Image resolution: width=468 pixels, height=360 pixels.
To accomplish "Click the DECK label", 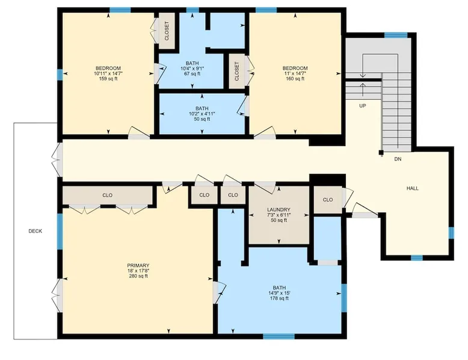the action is (x=35, y=231).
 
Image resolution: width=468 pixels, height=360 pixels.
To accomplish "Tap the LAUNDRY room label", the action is (x=279, y=210).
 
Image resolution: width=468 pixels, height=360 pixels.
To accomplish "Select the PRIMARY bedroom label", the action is (x=138, y=266).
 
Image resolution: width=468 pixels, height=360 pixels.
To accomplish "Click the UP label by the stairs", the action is (x=363, y=106).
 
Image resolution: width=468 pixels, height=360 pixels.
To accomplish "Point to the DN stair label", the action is (x=398, y=159).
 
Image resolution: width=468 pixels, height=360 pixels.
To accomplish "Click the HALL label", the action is (x=413, y=188).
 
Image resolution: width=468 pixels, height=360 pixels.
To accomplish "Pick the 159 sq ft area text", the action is (x=108, y=79).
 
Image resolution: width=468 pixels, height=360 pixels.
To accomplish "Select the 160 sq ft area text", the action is (x=295, y=79).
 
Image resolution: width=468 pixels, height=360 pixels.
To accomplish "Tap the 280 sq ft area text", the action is (x=138, y=276).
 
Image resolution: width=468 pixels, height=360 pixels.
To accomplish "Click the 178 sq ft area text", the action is (x=279, y=298).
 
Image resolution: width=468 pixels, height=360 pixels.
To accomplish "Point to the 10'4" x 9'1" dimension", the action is (x=192, y=69).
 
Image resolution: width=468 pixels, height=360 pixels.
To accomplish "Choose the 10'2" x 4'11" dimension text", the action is (x=202, y=114).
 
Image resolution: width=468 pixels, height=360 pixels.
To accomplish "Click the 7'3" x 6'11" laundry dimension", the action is (x=279, y=215).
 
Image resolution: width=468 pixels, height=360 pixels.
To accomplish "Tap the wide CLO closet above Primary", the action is (x=108, y=195).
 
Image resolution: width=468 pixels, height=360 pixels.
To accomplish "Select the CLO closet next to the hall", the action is (x=328, y=200).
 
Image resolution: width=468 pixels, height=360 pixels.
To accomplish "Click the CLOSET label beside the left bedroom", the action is (x=167, y=31).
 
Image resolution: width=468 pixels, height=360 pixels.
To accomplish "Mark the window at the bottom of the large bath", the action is (x=279, y=337).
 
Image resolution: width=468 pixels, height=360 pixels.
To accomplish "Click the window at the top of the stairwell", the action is (x=396, y=35).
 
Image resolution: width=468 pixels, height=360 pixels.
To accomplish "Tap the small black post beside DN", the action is (x=381, y=153).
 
